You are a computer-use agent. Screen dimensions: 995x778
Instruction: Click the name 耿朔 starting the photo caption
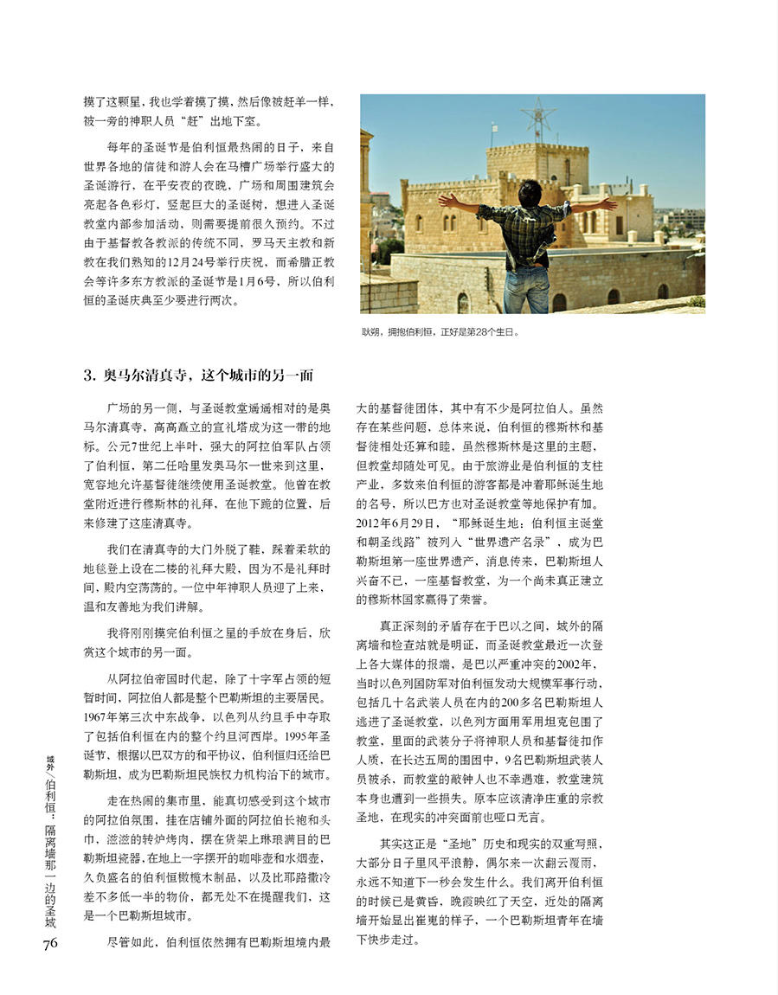[372, 331]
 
